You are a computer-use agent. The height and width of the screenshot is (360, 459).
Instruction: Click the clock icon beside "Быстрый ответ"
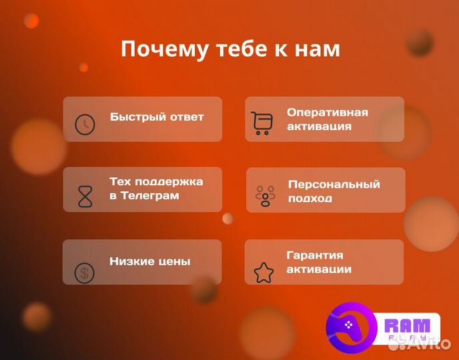click(x=85, y=124)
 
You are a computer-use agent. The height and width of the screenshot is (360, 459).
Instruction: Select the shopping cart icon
click(x=262, y=123)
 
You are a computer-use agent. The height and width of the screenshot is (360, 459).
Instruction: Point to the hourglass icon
click(x=85, y=195)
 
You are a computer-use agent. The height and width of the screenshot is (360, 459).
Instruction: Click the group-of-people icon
click(x=265, y=195)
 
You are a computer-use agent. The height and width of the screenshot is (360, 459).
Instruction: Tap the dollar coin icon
click(x=84, y=272)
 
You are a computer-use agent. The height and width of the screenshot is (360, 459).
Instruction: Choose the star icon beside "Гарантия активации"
click(x=264, y=272)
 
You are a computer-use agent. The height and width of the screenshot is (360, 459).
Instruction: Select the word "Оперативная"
click(x=327, y=112)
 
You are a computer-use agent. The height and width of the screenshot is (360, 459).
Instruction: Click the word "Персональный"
click(x=334, y=184)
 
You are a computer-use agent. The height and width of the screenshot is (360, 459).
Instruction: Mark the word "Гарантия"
click(x=315, y=255)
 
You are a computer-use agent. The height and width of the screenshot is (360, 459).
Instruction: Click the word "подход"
click(x=310, y=199)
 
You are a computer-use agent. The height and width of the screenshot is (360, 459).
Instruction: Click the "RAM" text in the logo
click(x=408, y=326)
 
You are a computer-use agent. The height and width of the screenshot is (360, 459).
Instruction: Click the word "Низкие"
click(x=131, y=261)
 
